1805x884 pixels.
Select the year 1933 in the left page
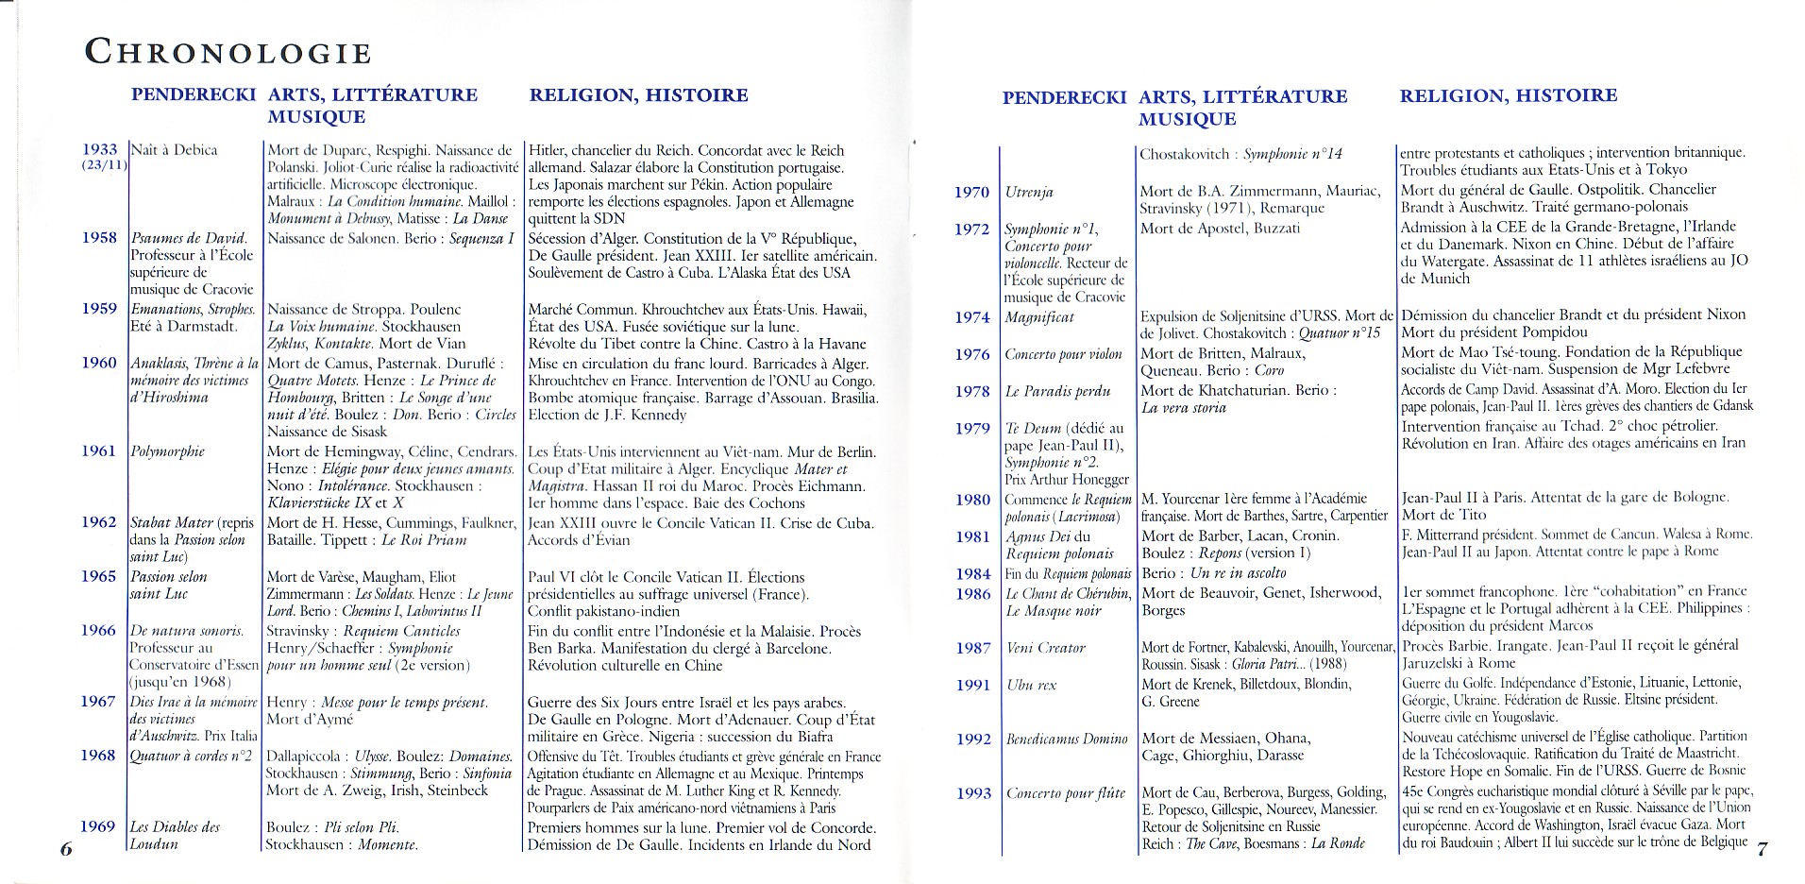point(100,149)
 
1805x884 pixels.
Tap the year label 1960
point(98,363)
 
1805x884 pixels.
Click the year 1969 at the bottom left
point(97,826)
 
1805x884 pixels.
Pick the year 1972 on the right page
point(971,229)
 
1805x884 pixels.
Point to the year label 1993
point(972,793)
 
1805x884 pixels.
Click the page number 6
point(66,848)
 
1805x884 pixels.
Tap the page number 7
point(1762,848)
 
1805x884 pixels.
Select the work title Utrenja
point(1029,192)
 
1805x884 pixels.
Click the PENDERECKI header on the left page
point(194,94)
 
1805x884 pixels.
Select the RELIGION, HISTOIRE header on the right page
point(1508,95)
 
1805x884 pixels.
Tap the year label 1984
point(972,573)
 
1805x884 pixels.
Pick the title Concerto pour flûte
point(1066,793)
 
